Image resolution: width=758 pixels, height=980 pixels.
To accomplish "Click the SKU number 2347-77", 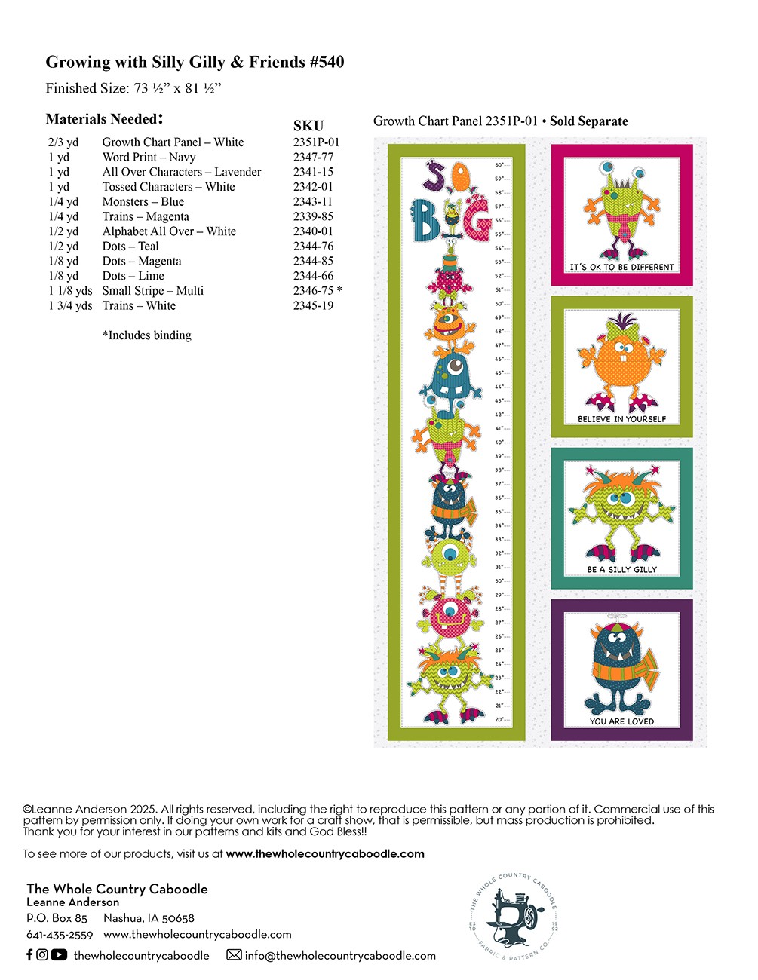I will (x=313, y=157).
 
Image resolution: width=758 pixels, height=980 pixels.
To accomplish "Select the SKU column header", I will (x=308, y=126).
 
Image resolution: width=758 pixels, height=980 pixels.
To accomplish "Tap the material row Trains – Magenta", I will (x=146, y=216).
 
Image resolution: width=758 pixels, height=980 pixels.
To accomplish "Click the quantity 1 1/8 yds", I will (x=70, y=291).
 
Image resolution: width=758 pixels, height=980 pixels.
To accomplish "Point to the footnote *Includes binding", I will (x=147, y=335).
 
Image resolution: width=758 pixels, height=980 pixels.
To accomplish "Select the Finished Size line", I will (x=133, y=88).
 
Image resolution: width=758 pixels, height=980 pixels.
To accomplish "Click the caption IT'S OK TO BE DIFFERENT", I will (x=621, y=267).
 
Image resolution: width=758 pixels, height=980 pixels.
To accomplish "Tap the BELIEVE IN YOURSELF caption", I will (x=621, y=419).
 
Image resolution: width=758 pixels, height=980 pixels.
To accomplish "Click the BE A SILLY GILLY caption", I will (x=621, y=570).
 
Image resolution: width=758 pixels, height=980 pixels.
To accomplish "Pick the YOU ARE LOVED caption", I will (x=621, y=721).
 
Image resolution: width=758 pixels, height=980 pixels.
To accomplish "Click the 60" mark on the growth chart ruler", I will (x=499, y=165).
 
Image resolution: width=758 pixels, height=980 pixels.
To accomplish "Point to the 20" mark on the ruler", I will (x=499, y=719).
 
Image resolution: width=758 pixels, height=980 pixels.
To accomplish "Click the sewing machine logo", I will (x=514, y=917).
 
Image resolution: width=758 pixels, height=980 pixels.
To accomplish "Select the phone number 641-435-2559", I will (x=60, y=935).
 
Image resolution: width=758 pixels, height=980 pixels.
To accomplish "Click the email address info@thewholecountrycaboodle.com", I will (x=340, y=955).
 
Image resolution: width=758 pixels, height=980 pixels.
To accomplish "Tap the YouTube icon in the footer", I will (x=59, y=955).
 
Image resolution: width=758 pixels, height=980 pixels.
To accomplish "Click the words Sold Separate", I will (x=588, y=121).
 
